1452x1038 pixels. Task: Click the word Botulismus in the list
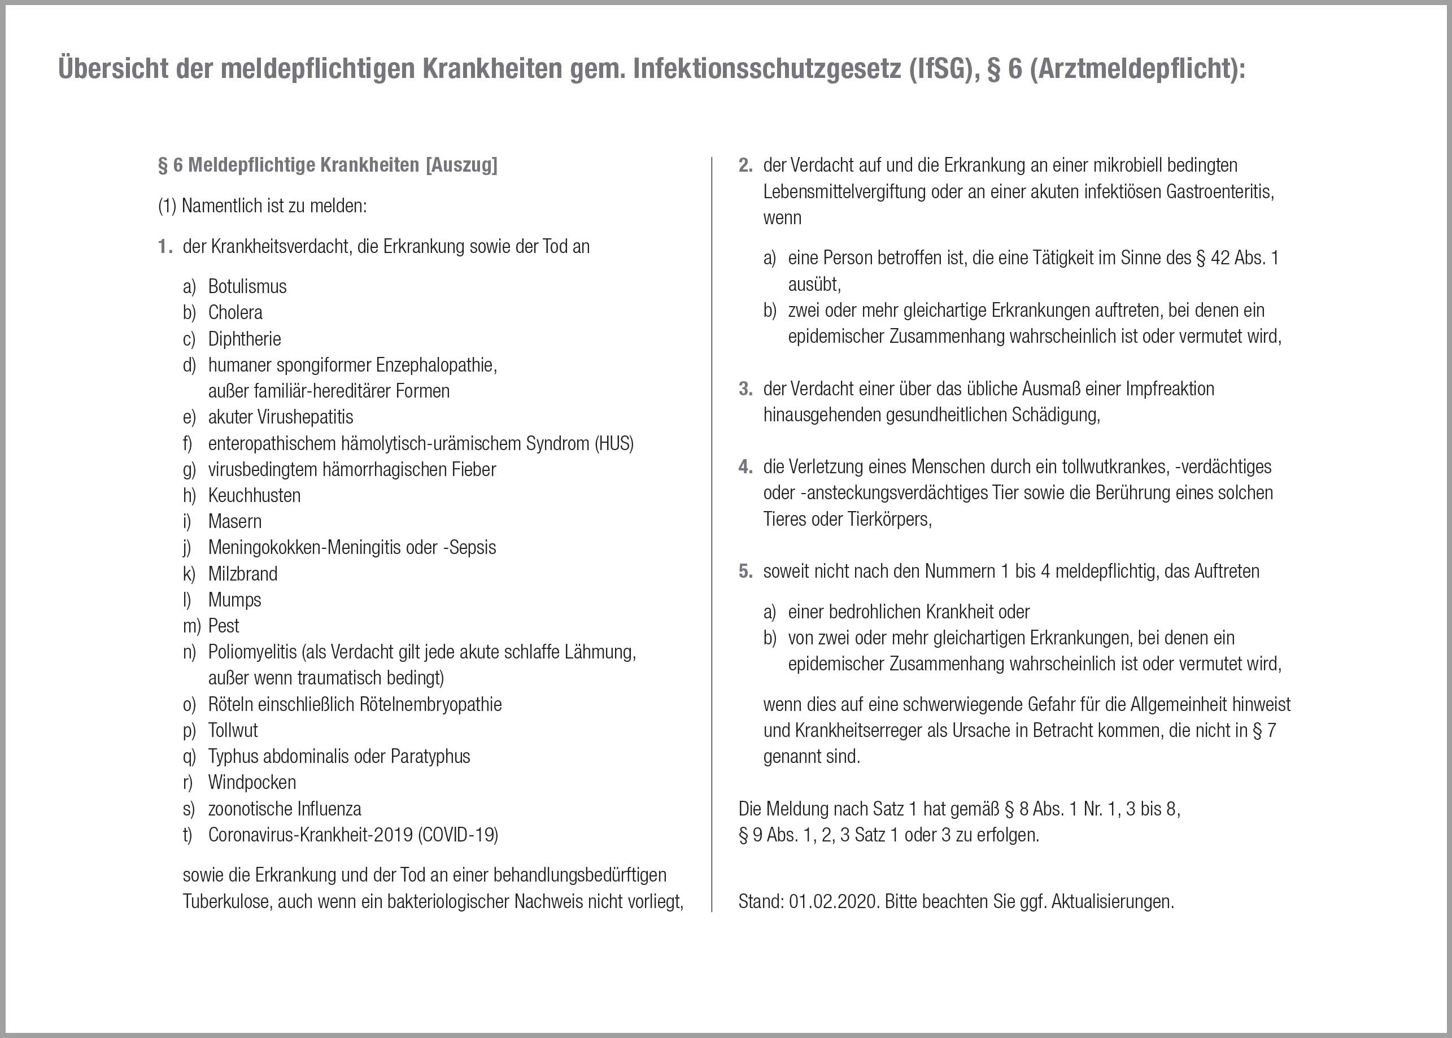tap(247, 286)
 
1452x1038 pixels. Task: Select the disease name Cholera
tap(235, 312)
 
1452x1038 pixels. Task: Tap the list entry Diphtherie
tap(244, 339)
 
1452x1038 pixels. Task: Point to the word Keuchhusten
tap(254, 495)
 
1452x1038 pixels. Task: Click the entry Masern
tap(234, 522)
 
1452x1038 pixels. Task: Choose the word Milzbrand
tap(243, 574)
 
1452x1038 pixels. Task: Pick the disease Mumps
tap(234, 600)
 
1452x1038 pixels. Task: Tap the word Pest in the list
tap(224, 626)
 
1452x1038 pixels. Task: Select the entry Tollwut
tap(233, 731)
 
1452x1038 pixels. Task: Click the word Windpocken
tap(252, 782)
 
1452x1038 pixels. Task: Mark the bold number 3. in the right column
tap(745, 389)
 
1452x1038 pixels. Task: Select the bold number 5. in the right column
tap(745, 572)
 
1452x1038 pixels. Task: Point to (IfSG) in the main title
tap(936, 69)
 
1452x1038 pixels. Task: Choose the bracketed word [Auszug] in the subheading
tap(461, 165)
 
